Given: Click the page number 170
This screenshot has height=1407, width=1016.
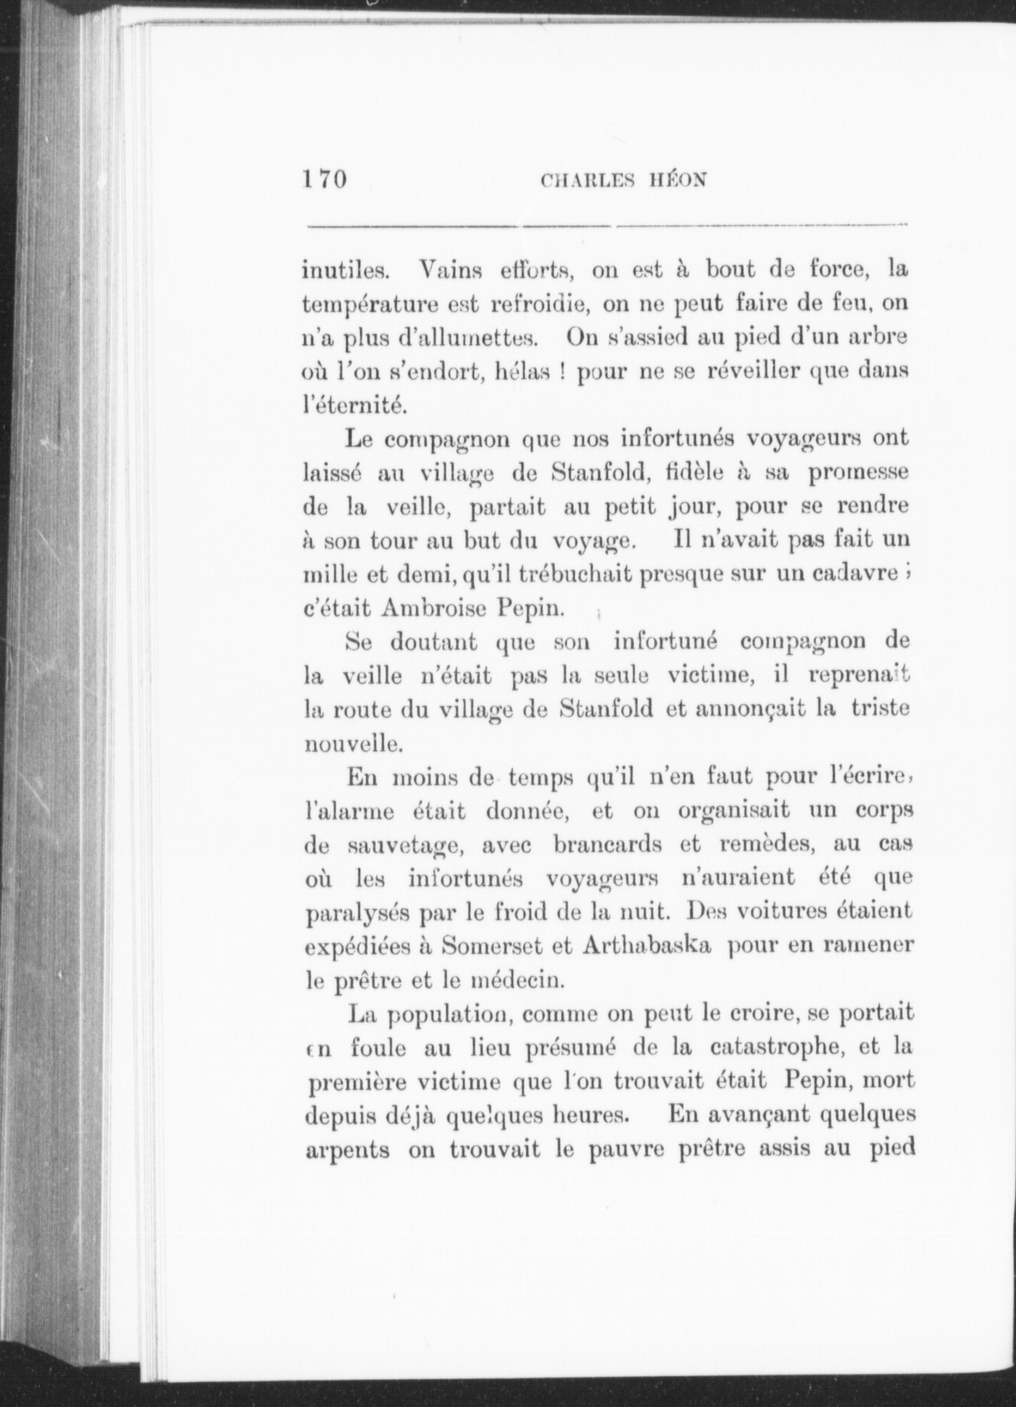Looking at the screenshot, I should click(324, 179).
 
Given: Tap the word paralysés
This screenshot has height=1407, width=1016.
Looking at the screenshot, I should click(355, 914).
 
